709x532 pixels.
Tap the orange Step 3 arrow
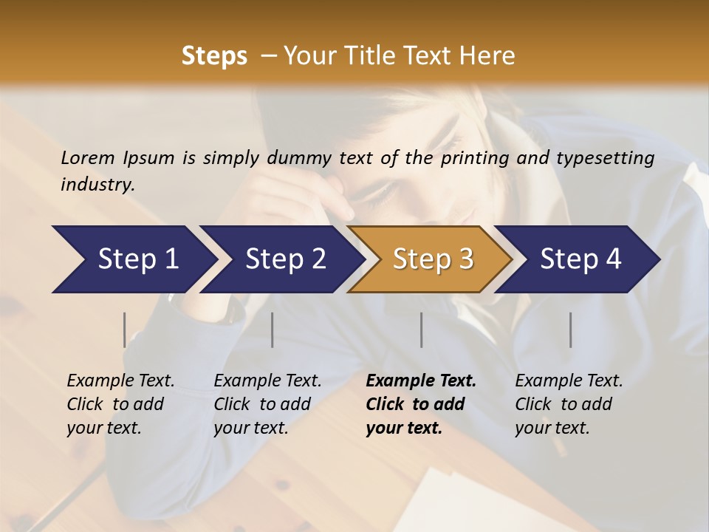point(433,259)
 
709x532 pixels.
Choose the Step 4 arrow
point(580,259)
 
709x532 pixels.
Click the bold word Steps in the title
point(214,56)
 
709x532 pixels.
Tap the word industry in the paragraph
point(97,184)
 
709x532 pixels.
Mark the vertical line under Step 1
point(125,330)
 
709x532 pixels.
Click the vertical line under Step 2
point(273,330)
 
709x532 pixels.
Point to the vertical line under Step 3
point(421,330)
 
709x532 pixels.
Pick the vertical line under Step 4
point(570,330)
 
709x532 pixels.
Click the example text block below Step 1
point(120,404)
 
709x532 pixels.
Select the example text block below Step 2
point(267,404)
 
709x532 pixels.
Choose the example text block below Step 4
point(569,404)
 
